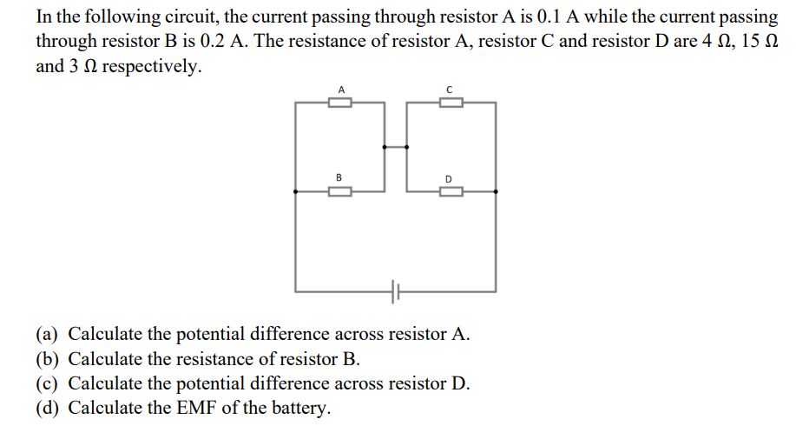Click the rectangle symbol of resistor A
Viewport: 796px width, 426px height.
pos(340,103)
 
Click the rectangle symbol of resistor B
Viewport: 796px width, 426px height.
pos(340,192)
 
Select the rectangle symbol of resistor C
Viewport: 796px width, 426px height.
pos(450,103)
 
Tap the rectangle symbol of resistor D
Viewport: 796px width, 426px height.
pos(450,192)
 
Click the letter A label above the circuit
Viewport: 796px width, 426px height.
pos(341,89)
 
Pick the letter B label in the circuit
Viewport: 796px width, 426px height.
pos(339,178)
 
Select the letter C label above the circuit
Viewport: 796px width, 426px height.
pos(449,89)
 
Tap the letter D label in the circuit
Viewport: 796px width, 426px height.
pos(449,179)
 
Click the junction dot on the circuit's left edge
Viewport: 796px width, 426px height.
pos(296,192)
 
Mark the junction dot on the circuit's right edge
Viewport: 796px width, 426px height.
pos(496,192)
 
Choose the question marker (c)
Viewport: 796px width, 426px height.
pos(48,383)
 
